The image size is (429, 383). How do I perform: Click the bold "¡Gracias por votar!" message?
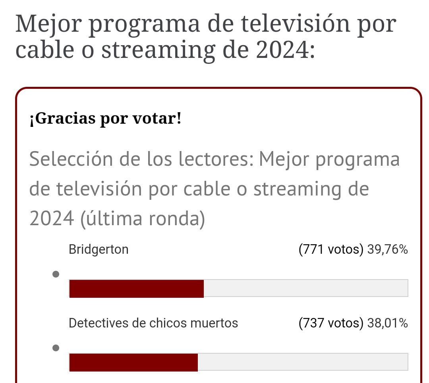pos(105,119)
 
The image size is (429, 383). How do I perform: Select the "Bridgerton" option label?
pos(99,249)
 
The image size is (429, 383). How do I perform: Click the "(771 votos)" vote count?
pos(330,249)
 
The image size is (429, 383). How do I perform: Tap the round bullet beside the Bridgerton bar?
pos(56,274)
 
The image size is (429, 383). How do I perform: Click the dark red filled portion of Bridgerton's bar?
pos(136,288)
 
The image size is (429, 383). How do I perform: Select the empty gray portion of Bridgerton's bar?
pos(305,288)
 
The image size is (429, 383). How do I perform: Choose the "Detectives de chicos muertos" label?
pos(153,323)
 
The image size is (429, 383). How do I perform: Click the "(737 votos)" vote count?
pos(330,323)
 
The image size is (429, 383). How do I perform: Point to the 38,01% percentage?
pos(387,323)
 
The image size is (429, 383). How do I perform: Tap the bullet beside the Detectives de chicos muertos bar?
pos(56,348)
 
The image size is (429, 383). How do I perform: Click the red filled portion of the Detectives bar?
pos(133,362)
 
